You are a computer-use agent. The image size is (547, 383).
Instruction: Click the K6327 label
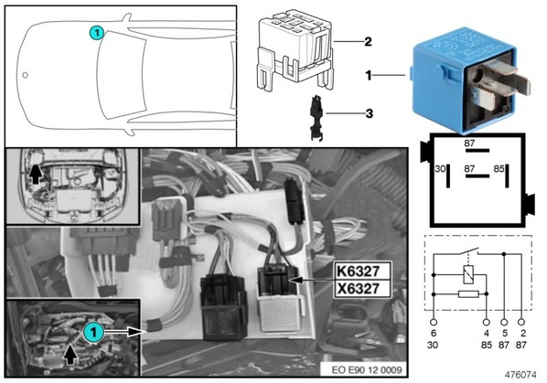tap(358, 271)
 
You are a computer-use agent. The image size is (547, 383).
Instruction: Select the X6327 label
tap(359, 289)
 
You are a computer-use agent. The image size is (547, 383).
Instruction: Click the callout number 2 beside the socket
tap(368, 42)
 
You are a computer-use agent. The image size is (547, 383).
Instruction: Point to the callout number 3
tap(369, 113)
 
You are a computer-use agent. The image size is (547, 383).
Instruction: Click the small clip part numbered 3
tap(316, 118)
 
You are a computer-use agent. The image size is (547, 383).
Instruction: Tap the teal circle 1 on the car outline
tap(97, 33)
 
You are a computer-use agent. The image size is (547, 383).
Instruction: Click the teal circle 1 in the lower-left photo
tap(93, 332)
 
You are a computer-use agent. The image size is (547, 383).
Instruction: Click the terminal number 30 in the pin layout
tap(440, 169)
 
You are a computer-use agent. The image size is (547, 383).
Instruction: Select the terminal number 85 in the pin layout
tap(499, 169)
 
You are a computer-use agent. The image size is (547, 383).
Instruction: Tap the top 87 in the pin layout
tap(469, 144)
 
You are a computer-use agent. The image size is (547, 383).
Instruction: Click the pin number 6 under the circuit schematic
tap(434, 333)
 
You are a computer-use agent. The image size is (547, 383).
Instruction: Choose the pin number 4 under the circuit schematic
tap(487, 333)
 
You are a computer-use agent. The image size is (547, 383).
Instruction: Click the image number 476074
tap(520, 375)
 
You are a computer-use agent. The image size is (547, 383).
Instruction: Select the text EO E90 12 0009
tap(367, 370)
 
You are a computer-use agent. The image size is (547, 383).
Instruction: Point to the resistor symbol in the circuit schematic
tap(468, 294)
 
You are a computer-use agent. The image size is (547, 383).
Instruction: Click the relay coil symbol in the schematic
tap(468, 274)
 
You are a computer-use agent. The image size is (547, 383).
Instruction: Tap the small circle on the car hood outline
tap(25, 75)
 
